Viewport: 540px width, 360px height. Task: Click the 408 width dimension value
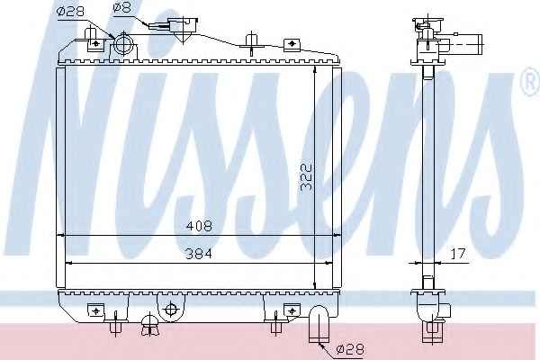click(x=199, y=226)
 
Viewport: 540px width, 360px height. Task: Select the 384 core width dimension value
click(x=199, y=254)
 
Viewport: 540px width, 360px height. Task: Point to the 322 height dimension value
click(x=306, y=175)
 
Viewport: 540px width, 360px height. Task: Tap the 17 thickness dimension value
click(x=458, y=254)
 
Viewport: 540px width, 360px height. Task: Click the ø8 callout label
click(x=122, y=7)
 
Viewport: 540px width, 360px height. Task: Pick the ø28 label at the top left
click(x=70, y=11)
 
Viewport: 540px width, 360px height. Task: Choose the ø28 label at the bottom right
click(x=349, y=350)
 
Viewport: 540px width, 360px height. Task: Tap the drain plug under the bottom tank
click(x=149, y=325)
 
